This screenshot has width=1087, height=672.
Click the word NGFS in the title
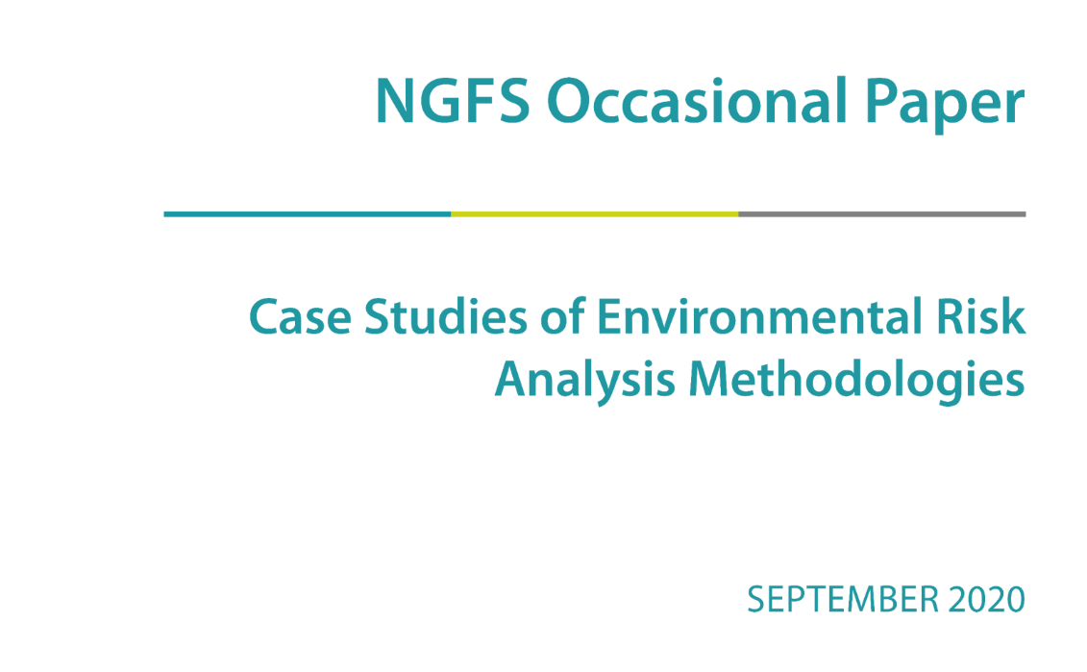click(453, 101)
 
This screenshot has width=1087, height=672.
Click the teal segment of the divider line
click(308, 214)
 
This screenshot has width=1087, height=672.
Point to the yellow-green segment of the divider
click(595, 214)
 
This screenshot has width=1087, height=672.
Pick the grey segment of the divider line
click(881, 214)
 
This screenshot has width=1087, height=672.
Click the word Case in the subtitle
click(300, 317)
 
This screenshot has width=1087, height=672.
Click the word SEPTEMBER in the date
click(843, 599)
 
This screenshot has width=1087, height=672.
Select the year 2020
click(987, 599)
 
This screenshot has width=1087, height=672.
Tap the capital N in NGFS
click(397, 101)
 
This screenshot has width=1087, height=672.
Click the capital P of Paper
click(881, 101)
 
